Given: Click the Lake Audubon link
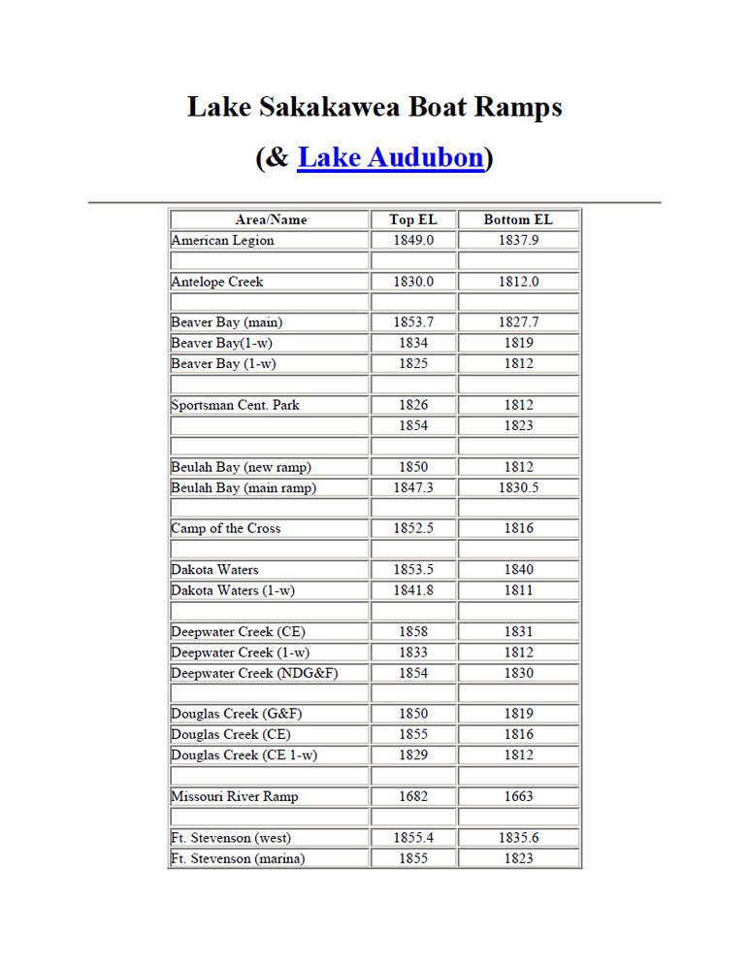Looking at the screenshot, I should pyautogui.click(x=390, y=157).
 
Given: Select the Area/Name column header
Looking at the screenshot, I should pyautogui.click(x=271, y=220).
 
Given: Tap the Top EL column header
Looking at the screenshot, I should pyautogui.click(x=413, y=220).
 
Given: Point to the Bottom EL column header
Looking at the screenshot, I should pyautogui.click(x=518, y=220).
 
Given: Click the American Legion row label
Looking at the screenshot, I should pyautogui.click(x=222, y=241).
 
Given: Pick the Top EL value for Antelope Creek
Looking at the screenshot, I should pyautogui.click(x=413, y=282).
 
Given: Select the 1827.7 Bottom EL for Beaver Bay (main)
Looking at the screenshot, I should pyautogui.click(x=518, y=322).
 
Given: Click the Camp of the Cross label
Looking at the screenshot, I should pyautogui.click(x=226, y=528).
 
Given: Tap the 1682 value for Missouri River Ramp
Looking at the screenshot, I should pyautogui.click(x=413, y=796).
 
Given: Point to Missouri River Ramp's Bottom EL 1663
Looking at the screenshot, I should pyautogui.click(x=518, y=796).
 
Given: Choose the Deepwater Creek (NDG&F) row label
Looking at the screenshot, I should pyautogui.click(x=254, y=673).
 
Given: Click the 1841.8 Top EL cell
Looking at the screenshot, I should pyautogui.click(x=413, y=590).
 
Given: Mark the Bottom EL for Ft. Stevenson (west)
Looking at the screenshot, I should pyautogui.click(x=518, y=837).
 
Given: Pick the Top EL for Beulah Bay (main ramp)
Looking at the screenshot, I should pyautogui.click(x=413, y=487).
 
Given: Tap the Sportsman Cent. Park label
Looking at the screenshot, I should pyautogui.click(x=235, y=405).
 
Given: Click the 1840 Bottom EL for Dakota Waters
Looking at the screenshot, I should pyautogui.click(x=518, y=570).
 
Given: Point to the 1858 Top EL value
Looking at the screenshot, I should pyautogui.click(x=413, y=631).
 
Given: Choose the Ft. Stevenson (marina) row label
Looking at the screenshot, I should pyautogui.click(x=238, y=858).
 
